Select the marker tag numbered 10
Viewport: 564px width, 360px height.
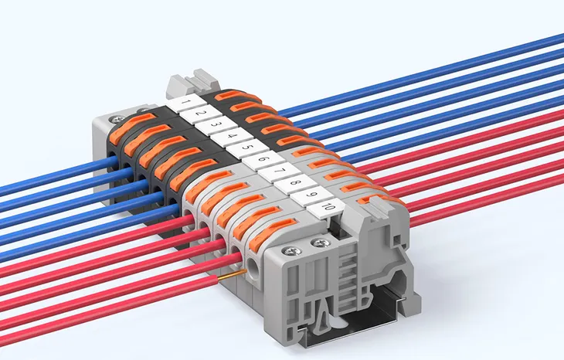(x=328, y=207)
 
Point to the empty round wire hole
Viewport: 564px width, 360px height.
(x=253, y=273)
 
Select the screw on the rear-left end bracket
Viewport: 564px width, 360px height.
(x=117, y=118)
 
